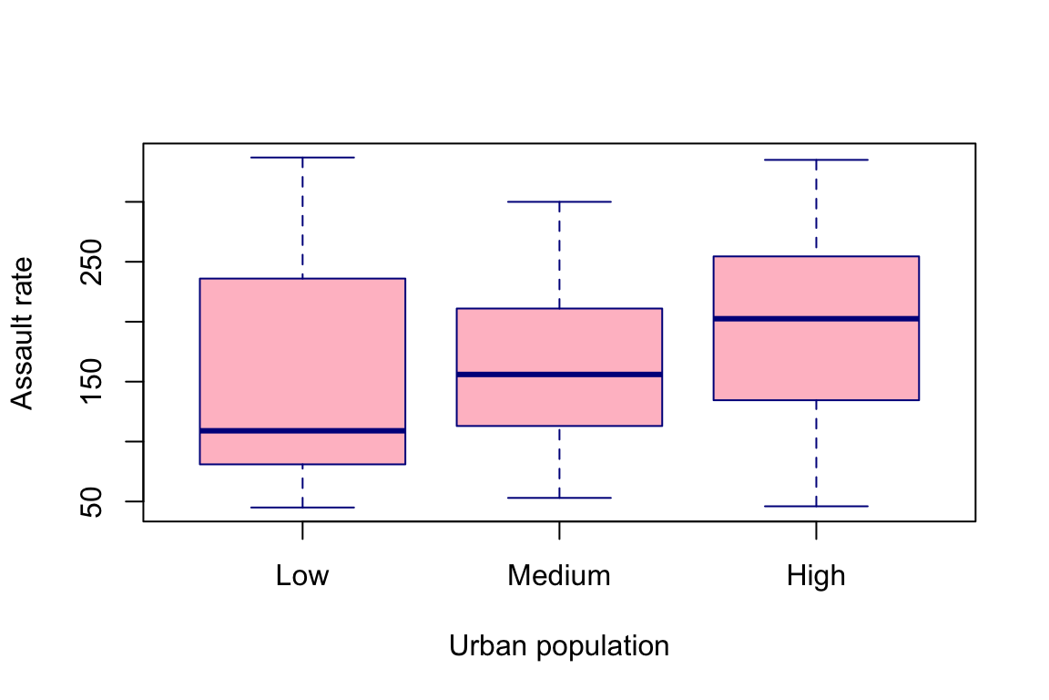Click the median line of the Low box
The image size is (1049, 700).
302,430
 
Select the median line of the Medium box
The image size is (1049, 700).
559,374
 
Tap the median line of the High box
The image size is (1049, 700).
816,318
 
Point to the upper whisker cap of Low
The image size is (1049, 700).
302,158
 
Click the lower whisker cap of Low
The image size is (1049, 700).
302,507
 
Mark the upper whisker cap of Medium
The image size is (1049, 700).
559,201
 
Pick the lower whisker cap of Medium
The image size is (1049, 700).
559,498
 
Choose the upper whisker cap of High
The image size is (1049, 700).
816,160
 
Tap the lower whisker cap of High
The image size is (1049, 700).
816,506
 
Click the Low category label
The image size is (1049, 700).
302,576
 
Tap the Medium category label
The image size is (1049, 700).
559,576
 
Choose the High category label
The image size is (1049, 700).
816,576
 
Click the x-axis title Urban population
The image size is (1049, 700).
559,646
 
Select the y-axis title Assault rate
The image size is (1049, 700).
23,333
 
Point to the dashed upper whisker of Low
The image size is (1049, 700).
302,218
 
